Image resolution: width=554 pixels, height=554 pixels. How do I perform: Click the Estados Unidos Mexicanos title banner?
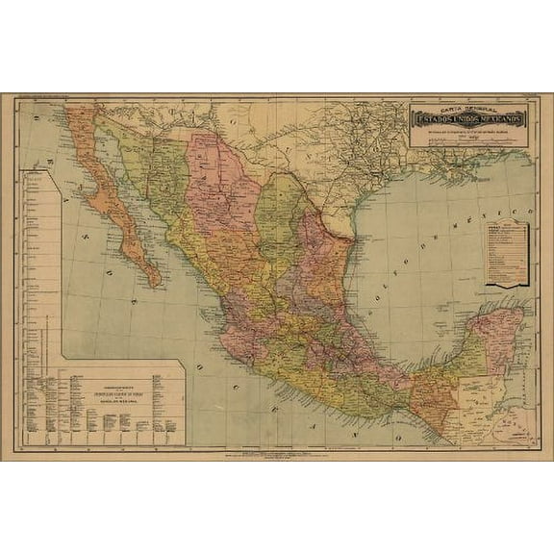pyautogui.click(x=469, y=118)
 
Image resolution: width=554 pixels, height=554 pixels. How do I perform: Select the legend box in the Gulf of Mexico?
pyautogui.click(x=506, y=253)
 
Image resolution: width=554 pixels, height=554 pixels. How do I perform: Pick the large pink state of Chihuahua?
pyautogui.click(x=221, y=183)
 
